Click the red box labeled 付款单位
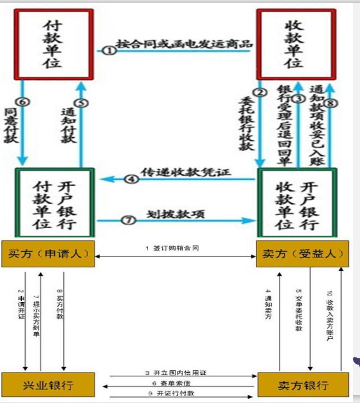click(53, 44)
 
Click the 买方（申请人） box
click(47, 253)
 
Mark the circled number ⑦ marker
click(128, 221)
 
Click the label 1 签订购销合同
click(172, 248)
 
